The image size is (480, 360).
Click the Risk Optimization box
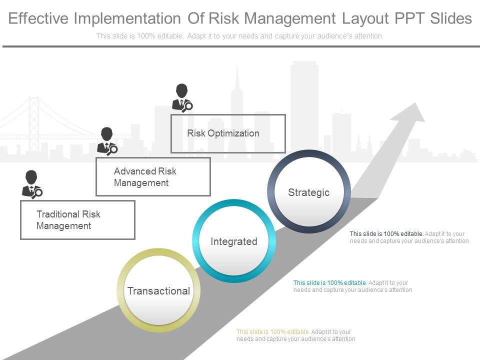tap(228, 133)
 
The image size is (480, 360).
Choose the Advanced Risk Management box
tap(153, 177)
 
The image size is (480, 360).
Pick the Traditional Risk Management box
tap(77, 220)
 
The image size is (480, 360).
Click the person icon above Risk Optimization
tap(182, 97)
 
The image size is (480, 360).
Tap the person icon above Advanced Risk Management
tap(107, 140)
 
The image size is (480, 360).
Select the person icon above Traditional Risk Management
tap(32, 183)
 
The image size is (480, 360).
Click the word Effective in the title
tap(38, 18)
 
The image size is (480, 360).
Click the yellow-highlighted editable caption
tap(295, 335)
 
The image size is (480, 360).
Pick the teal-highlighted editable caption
tap(352, 286)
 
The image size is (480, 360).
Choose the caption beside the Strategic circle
tap(409, 237)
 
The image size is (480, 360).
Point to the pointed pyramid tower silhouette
tap(238, 95)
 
